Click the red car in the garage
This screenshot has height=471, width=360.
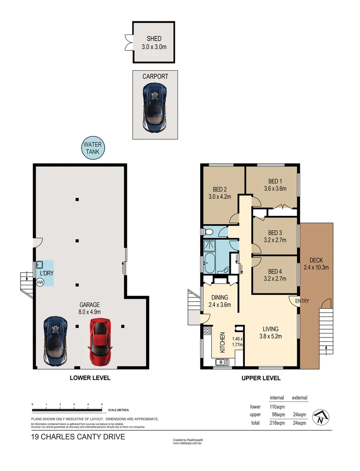point(100,341)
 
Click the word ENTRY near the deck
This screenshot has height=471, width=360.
point(302,301)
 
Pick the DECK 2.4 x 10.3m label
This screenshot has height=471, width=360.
point(316,264)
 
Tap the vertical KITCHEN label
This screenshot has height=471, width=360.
point(222,342)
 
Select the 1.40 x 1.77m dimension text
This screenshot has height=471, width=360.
point(237,342)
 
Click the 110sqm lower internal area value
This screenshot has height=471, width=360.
point(277,406)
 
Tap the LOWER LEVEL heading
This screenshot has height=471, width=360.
point(90,378)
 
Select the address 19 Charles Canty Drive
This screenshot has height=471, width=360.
point(78,437)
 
